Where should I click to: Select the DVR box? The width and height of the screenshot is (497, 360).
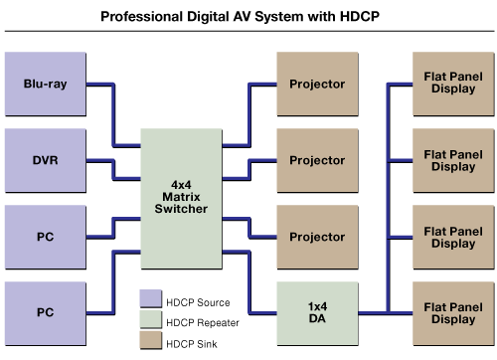(46, 160)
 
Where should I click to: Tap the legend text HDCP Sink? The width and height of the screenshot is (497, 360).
(192, 342)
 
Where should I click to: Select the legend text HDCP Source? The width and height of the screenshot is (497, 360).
(199, 302)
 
